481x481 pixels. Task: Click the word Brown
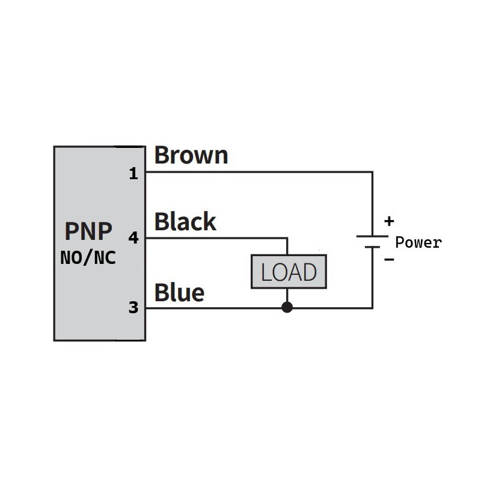pyautogui.click(x=191, y=155)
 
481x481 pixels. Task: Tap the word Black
pyautogui.click(x=185, y=222)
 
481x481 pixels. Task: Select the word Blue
pyautogui.click(x=179, y=293)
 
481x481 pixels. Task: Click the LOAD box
pyautogui.click(x=289, y=272)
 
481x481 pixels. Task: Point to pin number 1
pyautogui.click(x=133, y=174)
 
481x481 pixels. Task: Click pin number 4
pyautogui.click(x=133, y=238)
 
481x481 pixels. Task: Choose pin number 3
pyautogui.click(x=133, y=308)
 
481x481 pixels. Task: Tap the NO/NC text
pyautogui.click(x=88, y=259)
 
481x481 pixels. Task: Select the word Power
pyautogui.click(x=418, y=243)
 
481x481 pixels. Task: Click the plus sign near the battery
pyautogui.click(x=389, y=221)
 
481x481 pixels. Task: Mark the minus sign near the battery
pyautogui.click(x=389, y=260)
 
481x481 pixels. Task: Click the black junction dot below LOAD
pyautogui.click(x=287, y=308)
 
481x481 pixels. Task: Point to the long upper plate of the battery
pyautogui.click(x=372, y=236)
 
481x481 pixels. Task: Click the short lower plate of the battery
pyautogui.click(x=372, y=247)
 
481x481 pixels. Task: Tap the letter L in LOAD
pyautogui.click(x=266, y=272)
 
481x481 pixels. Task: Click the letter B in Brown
pyautogui.click(x=163, y=155)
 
